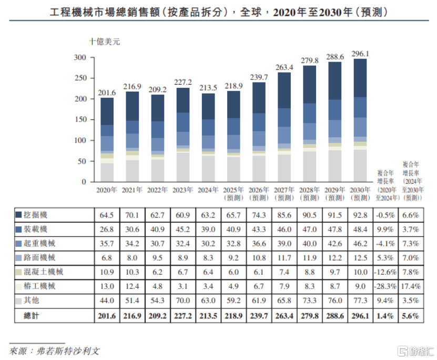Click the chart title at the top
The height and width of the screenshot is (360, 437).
pyautogui.click(x=218, y=12)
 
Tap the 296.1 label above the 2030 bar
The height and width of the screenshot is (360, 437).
pyautogui.click(x=360, y=54)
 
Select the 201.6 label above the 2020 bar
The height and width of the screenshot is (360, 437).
pyautogui.click(x=107, y=93)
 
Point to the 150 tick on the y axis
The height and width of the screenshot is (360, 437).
pyautogui.click(x=80, y=119)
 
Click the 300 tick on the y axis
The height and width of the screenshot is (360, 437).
pyautogui.click(x=80, y=57)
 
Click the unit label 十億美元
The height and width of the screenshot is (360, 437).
pyautogui.click(x=104, y=42)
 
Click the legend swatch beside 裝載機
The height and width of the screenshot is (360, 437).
pyautogui.click(x=18, y=229)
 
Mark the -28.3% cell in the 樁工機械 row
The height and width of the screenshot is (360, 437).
pyautogui.click(x=384, y=286)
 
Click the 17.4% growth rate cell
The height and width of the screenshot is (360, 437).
pyautogui.click(x=412, y=286)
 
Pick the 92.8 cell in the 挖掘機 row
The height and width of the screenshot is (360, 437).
pyautogui.click(x=360, y=215)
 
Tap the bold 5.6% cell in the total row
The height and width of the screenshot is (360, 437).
pyautogui.click(x=412, y=315)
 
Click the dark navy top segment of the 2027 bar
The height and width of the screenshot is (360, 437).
pyautogui.click(x=284, y=90)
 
